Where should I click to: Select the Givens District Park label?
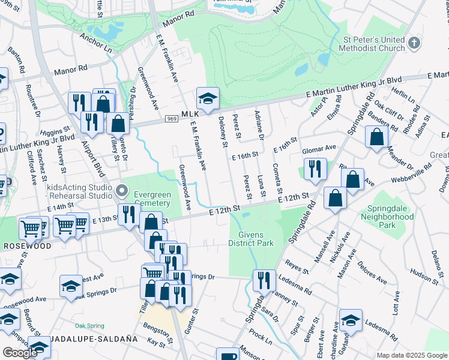[x=251, y=239]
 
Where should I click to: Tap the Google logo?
[x=20, y=352]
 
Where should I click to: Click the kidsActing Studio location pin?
[x=122, y=191]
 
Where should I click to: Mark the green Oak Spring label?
[x=89, y=326]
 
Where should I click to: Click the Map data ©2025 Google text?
[x=411, y=355]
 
